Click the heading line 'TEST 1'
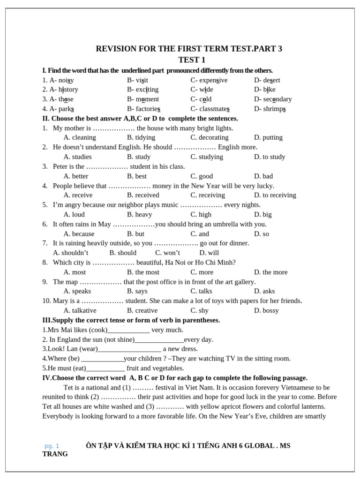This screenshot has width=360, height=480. pyautogui.click(x=192, y=60)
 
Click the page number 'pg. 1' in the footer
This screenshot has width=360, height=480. pyautogui.click(x=52, y=446)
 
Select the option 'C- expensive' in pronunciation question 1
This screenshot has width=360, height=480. pyautogui.click(x=209, y=80)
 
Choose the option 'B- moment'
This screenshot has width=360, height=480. pyautogui.click(x=143, y=99)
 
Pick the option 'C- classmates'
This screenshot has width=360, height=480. pyautogui.click(x=210, y=109)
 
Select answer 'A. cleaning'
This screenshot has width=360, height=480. pyautogui.click(x=80, y=137)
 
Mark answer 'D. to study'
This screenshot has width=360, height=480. pyautogui.click(x=270, y=157)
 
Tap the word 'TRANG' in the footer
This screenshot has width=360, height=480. pyautogui.click(x=55, y=454)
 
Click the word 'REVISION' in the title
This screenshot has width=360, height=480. pyautogui.click(x=115, y=49)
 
